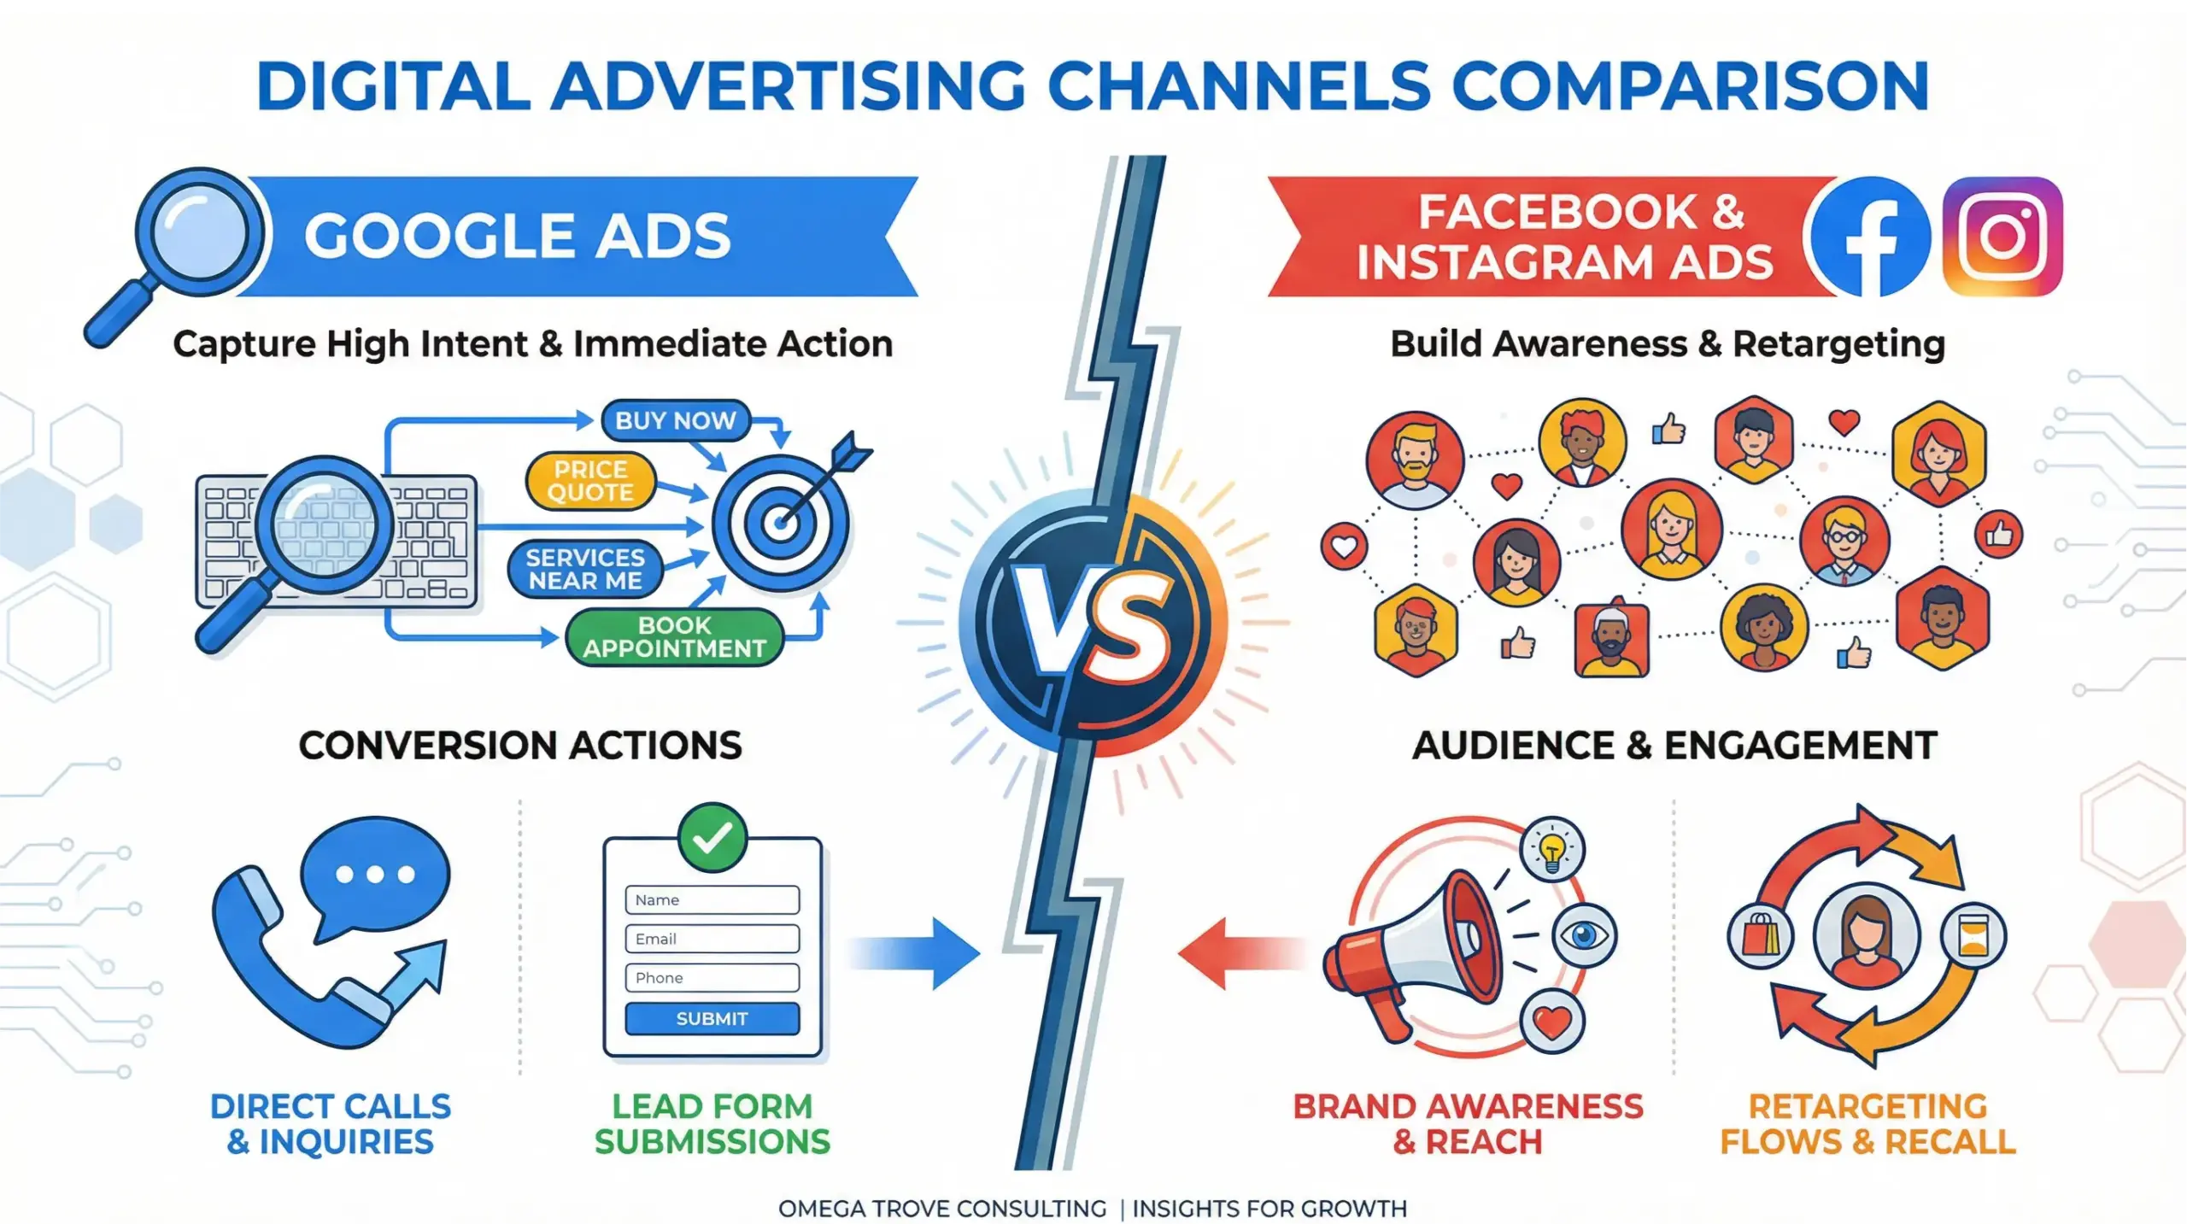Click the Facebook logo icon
(x=1870, y=237)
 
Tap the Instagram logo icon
(x=2002, y=237)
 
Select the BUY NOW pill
(x=675, y=420)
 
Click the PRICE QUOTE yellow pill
(x=590, y=481)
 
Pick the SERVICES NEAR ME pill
(x=585, y=569)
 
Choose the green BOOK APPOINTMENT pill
(x=674, y=637)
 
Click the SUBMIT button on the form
(x=712, y=1018)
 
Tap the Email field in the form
(x=712, y=939)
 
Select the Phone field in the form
(x=712, y=977)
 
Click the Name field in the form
(x=712, y=899)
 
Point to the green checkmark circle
(x=712, y=837)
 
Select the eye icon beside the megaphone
(x=1583, y=935)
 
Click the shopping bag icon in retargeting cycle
(x=1760, y=935)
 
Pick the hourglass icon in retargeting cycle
(x=1973, y=935)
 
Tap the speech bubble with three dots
(x=376, y=873)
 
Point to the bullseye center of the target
(x=779, y=522)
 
